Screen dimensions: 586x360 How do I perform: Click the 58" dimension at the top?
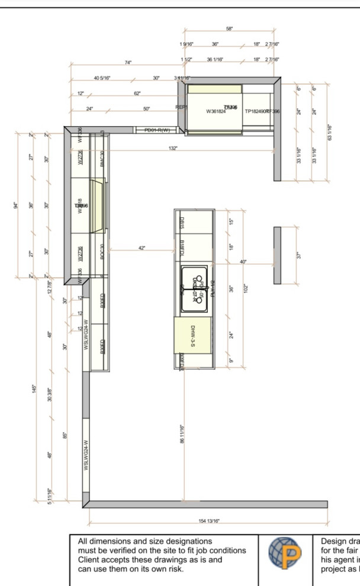[x=229, y=28]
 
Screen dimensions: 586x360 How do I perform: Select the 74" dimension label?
[x=128, y=63]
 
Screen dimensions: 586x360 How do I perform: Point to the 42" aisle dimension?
[x=142, y=248]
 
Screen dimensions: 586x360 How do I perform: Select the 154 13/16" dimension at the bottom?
[x=208, y=521]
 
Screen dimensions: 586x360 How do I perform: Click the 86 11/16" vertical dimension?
[x=184, y=433]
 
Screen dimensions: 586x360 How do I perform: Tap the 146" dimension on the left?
[x=35, y=391]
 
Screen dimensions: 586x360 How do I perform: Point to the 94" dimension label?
[x=16, y=205]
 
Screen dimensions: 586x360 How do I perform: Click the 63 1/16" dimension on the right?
[x=329, y=132]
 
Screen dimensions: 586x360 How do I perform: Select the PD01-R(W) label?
[x=157, y=130]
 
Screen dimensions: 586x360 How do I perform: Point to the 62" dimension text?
[x=137, y=94]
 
